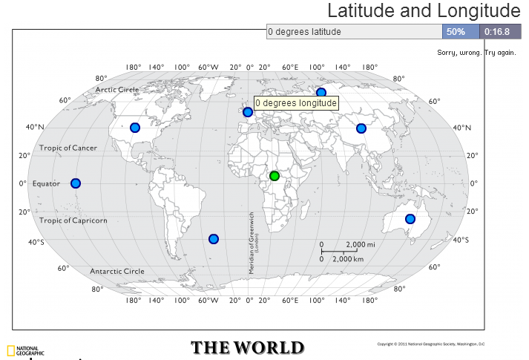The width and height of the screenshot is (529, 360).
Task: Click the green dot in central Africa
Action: (275, 176)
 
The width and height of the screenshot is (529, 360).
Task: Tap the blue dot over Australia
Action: (410, 219)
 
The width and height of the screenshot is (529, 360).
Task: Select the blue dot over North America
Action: (135, 128)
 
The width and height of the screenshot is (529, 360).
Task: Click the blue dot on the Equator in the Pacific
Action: (75, 183)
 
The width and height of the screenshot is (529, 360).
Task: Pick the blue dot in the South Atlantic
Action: (214, 239)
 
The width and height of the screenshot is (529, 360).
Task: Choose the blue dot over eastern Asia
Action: (361, 128)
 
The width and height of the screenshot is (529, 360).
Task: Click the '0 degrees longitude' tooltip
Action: (296, 103)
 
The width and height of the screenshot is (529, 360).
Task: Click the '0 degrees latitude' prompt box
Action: (354, 32)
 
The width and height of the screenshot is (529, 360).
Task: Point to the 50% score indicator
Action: (456, 32)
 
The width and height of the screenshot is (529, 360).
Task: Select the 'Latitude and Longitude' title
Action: (424, 11)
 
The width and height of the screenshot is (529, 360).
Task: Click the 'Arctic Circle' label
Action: (117, 90)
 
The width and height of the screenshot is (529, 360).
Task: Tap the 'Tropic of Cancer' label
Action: (68, 148)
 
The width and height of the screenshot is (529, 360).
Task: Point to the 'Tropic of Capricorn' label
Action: (73, 220)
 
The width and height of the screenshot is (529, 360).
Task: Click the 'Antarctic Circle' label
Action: (117, 271)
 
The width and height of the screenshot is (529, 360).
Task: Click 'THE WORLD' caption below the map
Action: (247, 347)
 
